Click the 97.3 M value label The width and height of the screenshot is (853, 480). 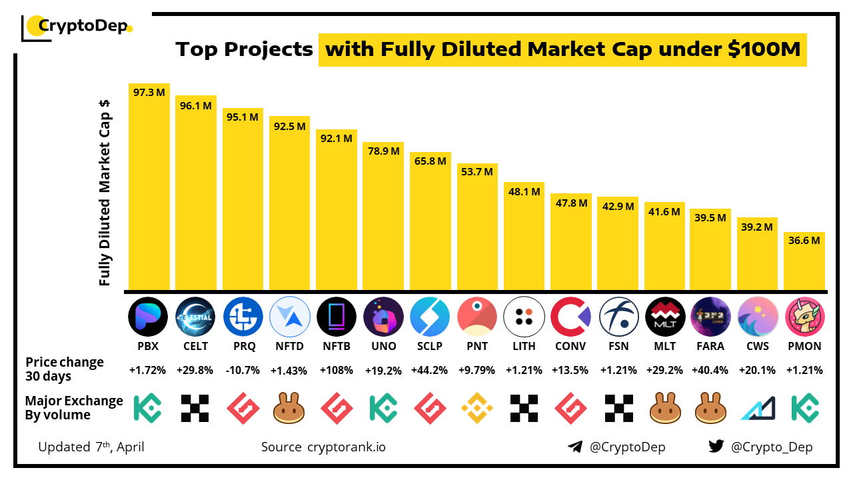click(x=149, y=93)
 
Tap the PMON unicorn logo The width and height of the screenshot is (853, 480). click(x=805, y=316)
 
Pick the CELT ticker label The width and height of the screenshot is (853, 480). click(x=196, y=346)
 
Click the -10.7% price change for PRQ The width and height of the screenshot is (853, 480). click(x=243, y=370)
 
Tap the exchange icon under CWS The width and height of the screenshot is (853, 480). click(x=758, y=408)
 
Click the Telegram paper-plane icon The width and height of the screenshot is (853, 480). click(x=575, y=447)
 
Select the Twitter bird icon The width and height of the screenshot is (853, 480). click(x=716, y=447)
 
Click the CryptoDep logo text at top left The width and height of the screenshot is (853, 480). click(x=83, y=26)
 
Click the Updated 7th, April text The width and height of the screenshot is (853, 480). click(x=91, y=447)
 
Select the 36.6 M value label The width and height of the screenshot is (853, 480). click(x=804, y=241)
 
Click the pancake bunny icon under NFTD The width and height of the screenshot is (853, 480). click(x=289, y=408)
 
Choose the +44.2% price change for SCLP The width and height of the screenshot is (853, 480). click(x=430, y=370)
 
